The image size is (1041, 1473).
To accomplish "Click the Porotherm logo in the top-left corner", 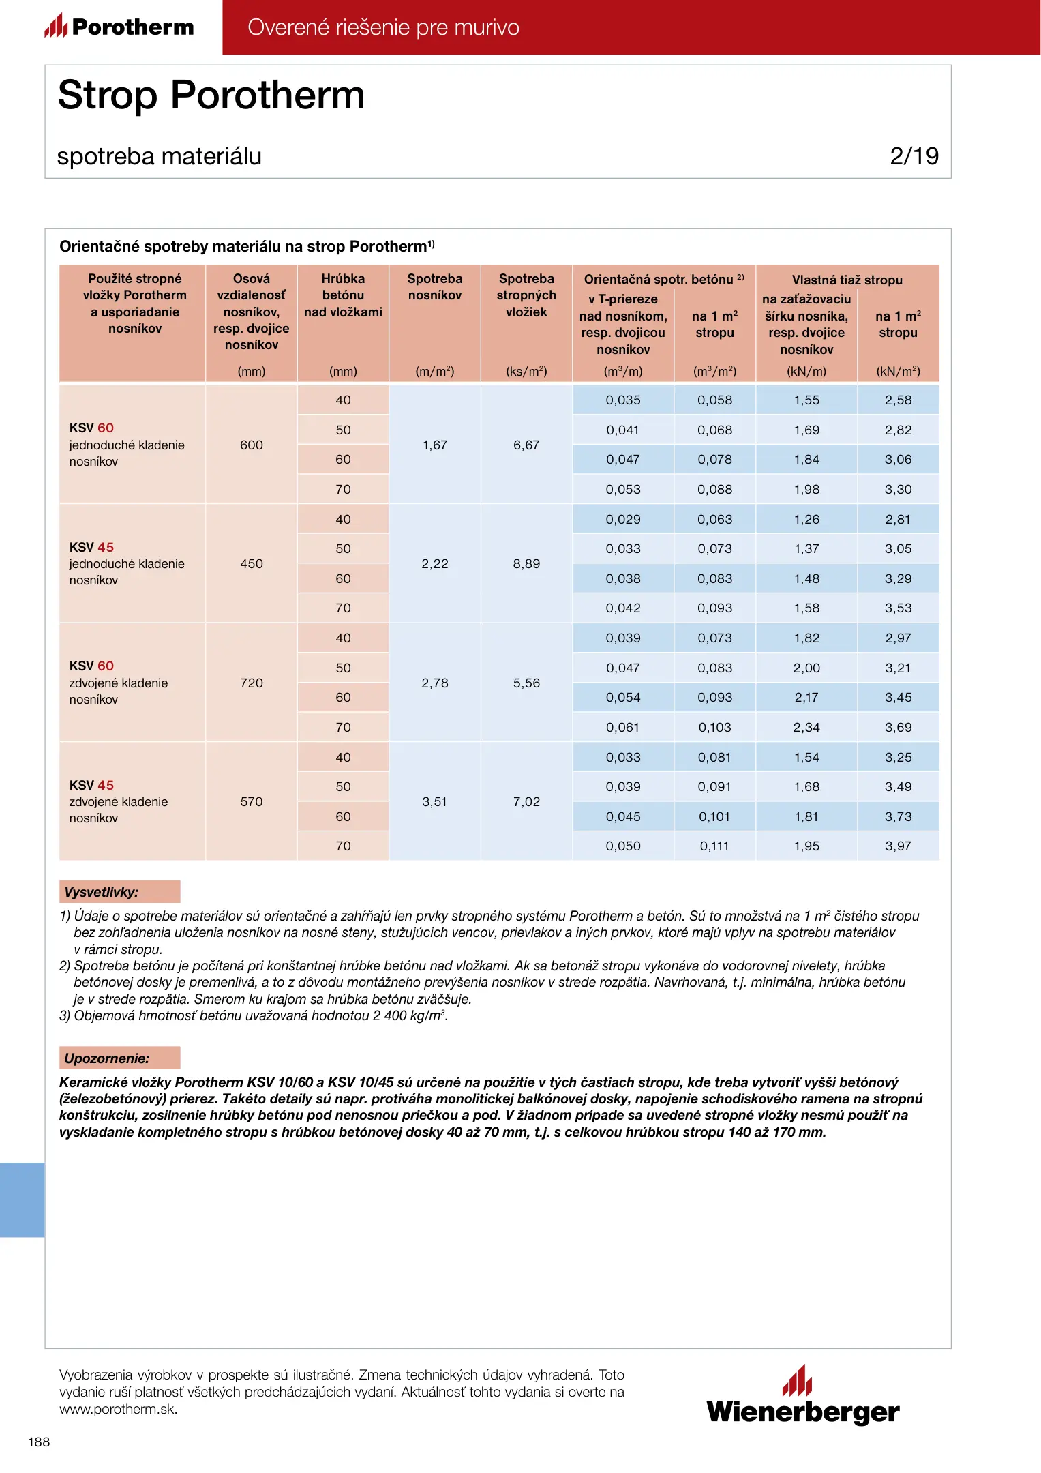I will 119,27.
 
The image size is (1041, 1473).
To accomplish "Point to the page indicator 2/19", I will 914,156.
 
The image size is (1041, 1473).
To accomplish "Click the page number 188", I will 39,1442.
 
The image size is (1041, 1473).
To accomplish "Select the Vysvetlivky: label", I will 102,892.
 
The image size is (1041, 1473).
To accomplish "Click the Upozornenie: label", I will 107,1058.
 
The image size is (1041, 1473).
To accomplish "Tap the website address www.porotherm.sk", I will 118,1409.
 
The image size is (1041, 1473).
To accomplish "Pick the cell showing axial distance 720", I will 252,683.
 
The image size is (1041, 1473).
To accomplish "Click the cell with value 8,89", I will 526,564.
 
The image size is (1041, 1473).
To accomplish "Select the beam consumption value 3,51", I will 434,801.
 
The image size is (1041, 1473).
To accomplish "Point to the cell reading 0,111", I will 714,846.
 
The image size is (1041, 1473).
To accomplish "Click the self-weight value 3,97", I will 898,846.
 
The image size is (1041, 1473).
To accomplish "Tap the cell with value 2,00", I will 806,668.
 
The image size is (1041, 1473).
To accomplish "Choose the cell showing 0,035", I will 623,400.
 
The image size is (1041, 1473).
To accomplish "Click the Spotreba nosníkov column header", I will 435,287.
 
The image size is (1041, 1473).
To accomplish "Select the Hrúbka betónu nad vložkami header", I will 343,295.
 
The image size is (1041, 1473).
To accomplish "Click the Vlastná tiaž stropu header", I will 847,280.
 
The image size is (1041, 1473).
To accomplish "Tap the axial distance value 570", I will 252,801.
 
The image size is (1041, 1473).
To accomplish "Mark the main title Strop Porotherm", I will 211,95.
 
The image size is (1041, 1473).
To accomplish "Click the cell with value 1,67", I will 435,445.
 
